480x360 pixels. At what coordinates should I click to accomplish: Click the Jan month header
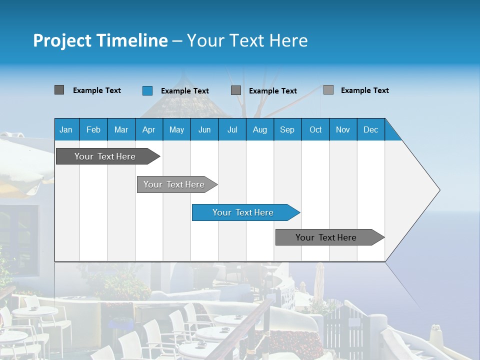click(x=66, y=129)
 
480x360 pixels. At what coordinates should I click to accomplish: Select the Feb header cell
click(x=93, y=129)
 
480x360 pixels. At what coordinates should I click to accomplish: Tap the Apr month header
click(x=149, y=129)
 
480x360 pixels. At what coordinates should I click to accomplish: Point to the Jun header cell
click(x=204, y=129)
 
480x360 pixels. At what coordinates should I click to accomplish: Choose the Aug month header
click(x=260, y=129)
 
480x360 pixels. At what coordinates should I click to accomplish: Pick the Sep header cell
click(x=287, y=129)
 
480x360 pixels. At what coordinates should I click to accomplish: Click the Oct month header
click(x=315, y=129)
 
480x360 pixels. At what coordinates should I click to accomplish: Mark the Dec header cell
click(x=371, y=129)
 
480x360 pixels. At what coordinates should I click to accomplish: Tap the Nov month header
click(x=343, y=129)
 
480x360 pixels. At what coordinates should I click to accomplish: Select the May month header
click(x=176, y=129)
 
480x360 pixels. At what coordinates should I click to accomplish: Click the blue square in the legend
click(x=147, y=90)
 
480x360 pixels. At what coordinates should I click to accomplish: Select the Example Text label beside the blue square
click(x=185, y=91)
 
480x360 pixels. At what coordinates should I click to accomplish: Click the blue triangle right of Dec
click(x=391, y=133)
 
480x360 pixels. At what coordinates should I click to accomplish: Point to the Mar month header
click(x=121, y=129)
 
